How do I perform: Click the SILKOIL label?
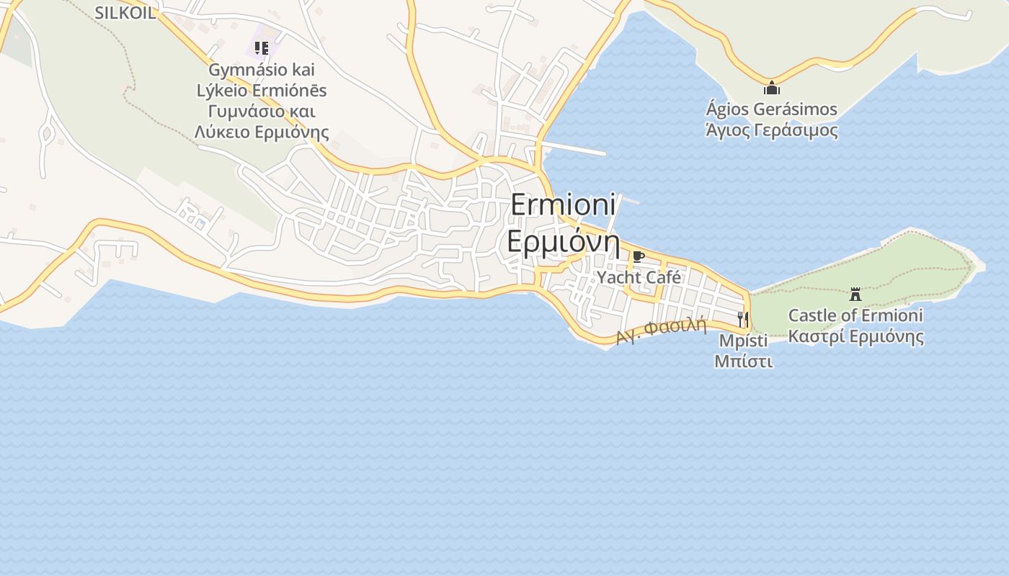click(x=125, y=12)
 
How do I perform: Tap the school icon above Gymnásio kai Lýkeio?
click(x=262, y=48)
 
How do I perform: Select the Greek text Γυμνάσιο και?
click(x=262, y=112)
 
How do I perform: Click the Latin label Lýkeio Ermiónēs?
click(x=262, y=91)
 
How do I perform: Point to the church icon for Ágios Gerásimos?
click(x=772, y=89)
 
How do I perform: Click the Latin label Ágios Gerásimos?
click(x=771, y=109)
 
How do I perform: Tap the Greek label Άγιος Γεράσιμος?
click(x=771, y=130)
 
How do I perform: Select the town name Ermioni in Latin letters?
click(x=564, y=204)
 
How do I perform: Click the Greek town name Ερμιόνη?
click(x=564, y=241)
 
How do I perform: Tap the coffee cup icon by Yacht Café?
click(x=638, y=256)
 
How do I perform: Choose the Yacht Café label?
click(x=639, y=277)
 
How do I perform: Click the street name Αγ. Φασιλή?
click(x=661, y=330)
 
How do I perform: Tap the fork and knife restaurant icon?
click(x=743, y=319)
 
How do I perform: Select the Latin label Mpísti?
click(x=743, y=341)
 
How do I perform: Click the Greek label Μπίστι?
click(x=743, y=361)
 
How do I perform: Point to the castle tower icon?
click(x=855, y=294)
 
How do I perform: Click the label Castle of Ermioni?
click(x=855, y=315)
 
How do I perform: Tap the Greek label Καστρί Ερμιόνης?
click(x=855, y=336)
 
